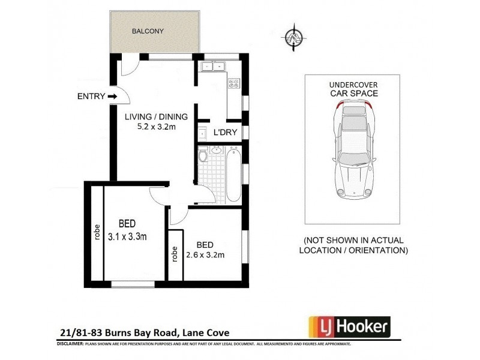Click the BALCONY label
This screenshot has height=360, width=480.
(148, 31)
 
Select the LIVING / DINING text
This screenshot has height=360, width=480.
(156, 117)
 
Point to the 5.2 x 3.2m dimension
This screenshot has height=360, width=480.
(156, 127)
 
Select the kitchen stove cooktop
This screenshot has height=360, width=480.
(233, 84)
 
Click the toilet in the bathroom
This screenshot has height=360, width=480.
(204, 156)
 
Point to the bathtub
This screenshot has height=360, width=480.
(233, 174)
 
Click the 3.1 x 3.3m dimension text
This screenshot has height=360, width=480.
(128, 236)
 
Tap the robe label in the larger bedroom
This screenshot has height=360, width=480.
(97, 232)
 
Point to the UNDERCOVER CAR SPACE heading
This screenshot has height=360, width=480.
(353, 89)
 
